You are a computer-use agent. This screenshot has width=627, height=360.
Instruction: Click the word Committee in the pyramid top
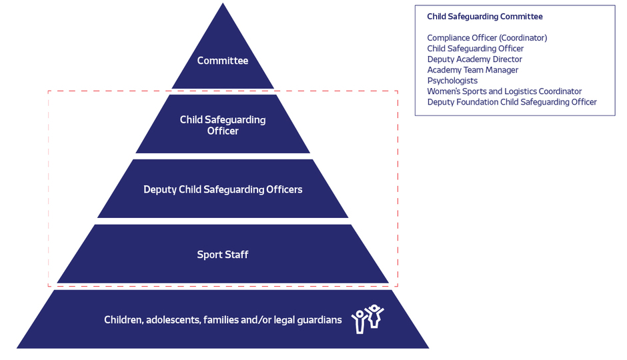click(223, 61)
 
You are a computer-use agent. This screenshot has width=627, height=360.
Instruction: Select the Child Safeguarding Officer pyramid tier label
click(223, 125)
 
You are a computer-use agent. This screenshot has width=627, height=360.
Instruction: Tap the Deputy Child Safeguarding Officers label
click(223, 189)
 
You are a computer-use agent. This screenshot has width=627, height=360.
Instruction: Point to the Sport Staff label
click(223, 255)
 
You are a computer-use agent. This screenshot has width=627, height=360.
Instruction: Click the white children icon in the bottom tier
click(368, 319)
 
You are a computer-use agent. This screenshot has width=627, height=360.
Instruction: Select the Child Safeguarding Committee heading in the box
click(485, 17)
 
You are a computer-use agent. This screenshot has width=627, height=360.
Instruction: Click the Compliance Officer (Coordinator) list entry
click(487, 38)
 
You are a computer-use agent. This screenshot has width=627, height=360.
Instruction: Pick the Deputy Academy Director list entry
click(475, 59)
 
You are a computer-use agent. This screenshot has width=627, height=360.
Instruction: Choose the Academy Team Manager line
click(473, 70)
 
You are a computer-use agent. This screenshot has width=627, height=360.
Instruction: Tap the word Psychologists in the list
click(452, 81)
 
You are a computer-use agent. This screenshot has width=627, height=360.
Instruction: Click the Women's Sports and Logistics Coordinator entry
click(504, 91)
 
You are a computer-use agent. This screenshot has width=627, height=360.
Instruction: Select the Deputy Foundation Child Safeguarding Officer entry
click(512, 102)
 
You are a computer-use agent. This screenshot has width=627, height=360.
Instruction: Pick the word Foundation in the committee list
click(481, 102)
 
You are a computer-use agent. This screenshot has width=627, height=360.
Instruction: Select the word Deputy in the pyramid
click(159, 189)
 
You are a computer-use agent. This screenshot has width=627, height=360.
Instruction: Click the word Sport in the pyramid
click(209, 255)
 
